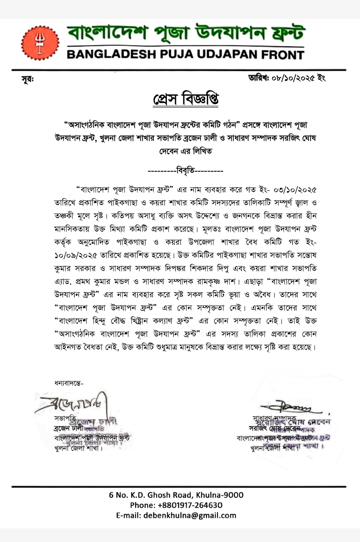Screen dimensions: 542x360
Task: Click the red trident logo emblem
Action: coord(40,43)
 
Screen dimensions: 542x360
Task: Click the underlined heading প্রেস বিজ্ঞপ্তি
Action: coord(186,99)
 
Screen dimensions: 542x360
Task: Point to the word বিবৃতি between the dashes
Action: coord(185,171)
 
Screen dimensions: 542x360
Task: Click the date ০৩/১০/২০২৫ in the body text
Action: coord(295,190)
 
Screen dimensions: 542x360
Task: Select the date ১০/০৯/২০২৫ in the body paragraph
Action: coord(76,255)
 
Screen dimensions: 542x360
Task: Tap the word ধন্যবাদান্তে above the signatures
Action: coord(69,383)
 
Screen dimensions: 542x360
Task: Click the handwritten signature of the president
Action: coord(72,405)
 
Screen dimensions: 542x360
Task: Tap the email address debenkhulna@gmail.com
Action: coord(190,515)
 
